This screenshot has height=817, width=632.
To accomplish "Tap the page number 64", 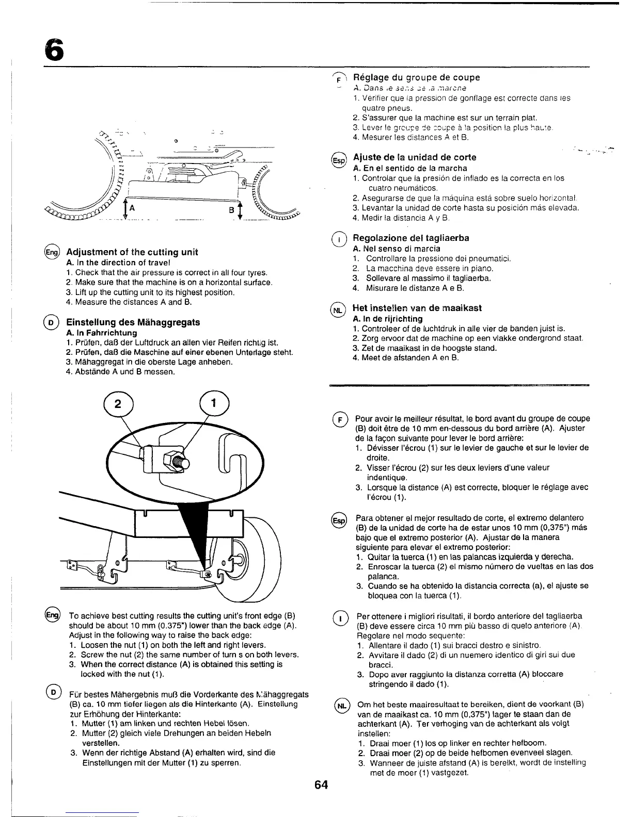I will pyautogui.click(x=321, y=785).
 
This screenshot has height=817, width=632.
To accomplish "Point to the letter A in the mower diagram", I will pyautogui.click(x=132, y=209).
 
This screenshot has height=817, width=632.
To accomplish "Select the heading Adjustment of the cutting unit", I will pyautogui.click(x=133, y=252).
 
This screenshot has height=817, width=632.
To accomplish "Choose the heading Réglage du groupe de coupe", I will pyautogui.click(x=416, y=77).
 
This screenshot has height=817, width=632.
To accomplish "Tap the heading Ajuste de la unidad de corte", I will pyautogui.click(x=415, y=157).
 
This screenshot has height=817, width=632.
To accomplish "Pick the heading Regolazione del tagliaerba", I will pyautogui.click(x=411, y=238).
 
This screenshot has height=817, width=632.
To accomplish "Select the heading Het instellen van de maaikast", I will pyautogui.click(x=417, y=308).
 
